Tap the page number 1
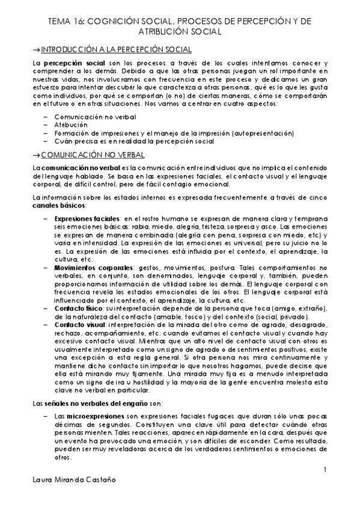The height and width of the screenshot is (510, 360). tap(325, 469)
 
